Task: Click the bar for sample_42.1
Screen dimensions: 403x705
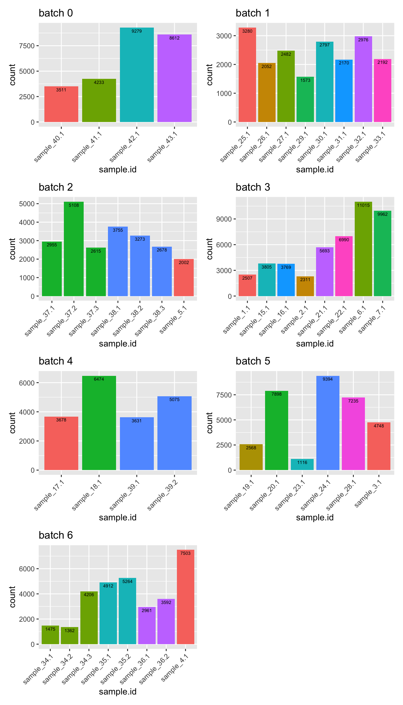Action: point(137,75)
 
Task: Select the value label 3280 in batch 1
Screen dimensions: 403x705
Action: point(247,31)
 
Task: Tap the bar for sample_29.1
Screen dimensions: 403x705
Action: point(305,99)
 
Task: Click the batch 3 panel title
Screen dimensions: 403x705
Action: point(253,187)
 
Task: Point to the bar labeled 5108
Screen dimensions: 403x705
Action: point(74,249)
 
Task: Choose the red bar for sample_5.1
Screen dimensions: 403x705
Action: point(184,278)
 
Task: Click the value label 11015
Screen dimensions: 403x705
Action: point(363,205)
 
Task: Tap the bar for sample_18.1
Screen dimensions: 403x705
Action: point(99,423)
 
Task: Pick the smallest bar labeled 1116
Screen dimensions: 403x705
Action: point(302,464)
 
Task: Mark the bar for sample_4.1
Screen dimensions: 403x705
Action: point(186,597)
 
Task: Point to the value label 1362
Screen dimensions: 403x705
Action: point(70,631)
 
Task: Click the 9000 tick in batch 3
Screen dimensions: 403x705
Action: point(224,219)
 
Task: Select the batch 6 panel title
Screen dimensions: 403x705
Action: point(56,535)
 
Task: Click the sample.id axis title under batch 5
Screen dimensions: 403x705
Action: point(315,518)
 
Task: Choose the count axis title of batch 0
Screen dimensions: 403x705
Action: point(12,75)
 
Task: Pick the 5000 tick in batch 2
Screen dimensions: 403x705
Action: point(27,204)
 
